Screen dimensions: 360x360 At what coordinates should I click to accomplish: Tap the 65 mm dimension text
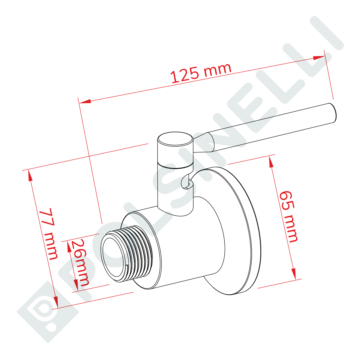(288, 217)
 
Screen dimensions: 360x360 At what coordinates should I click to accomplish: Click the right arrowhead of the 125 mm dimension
(319, 58)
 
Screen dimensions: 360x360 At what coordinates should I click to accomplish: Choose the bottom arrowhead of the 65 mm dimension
(294, 274)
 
